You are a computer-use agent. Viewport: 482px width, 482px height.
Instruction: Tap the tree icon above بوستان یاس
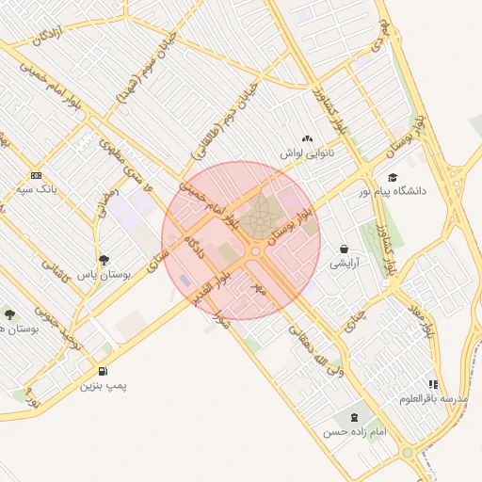click(x=104, y=260)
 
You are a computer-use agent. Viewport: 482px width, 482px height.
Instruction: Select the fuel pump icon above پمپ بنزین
click(x=102, y=371)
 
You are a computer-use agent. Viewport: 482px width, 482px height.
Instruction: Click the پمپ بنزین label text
click(x=103, y=385)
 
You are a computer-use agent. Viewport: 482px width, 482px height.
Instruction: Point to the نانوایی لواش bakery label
click(x=307, y=152)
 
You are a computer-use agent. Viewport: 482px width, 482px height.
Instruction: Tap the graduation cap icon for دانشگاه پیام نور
click(x=392, y=177)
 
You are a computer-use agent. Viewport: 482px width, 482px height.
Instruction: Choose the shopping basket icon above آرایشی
click(x=344, y=249)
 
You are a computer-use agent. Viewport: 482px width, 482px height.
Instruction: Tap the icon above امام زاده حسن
click(x=354, y=417)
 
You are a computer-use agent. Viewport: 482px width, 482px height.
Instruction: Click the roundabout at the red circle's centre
click(x=254, y=251)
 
